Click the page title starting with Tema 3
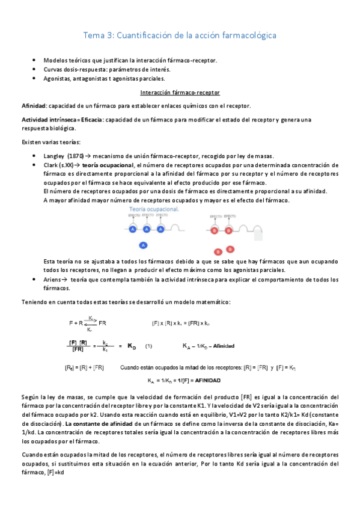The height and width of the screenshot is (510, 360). pos(180,35)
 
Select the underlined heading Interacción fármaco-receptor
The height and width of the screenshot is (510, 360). pos(180,93)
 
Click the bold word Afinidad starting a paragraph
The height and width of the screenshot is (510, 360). pos(33,106)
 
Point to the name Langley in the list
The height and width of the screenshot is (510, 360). pos(54,156)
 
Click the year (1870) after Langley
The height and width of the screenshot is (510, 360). pos(76,156)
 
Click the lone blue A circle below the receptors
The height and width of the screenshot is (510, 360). pos(142,245)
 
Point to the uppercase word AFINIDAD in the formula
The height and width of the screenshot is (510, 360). pos(206,381)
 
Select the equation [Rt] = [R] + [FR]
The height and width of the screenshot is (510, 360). pos(85,367)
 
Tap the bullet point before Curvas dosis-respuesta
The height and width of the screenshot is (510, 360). pos(35,69)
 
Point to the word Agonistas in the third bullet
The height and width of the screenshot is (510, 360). pos(59,78)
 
